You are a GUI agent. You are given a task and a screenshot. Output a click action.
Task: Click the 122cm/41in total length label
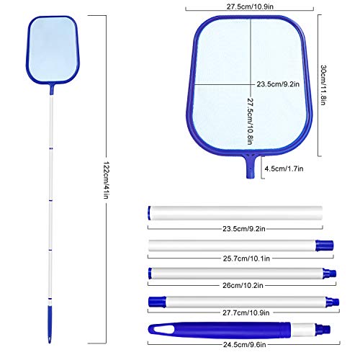(106, 180)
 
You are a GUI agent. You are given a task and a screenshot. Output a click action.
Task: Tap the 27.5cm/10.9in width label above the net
(250, 6)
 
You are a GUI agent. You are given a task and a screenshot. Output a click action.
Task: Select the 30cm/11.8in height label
(323, 85)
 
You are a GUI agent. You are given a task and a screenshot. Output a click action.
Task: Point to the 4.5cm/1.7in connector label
(284, 168)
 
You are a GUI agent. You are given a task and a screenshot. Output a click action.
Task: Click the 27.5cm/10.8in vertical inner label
(250, 121)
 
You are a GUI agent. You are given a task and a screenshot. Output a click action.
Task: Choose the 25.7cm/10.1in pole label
(246, 258)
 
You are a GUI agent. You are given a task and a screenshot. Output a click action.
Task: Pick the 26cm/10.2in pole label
(243, 285)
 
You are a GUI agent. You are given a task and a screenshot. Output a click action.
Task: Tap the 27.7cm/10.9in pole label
(246, 312)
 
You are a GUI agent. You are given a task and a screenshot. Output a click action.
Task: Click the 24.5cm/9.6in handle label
(245, 345)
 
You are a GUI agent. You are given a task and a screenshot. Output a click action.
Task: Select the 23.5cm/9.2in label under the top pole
(244, 228)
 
